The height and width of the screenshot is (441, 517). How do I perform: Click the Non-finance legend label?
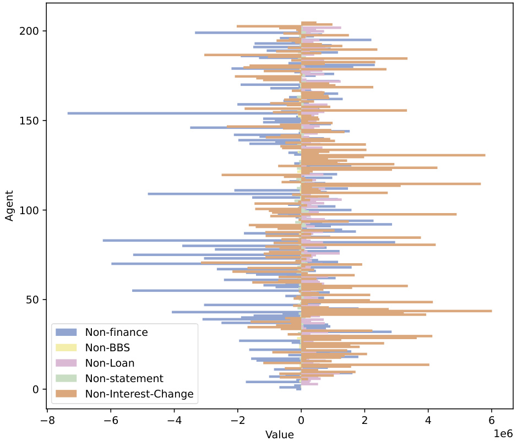pos(116,332)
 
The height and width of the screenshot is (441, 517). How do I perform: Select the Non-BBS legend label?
pos(107,347)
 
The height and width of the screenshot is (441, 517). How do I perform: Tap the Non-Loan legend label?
pos(110,363)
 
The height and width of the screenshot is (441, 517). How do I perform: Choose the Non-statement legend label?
pos(124,378)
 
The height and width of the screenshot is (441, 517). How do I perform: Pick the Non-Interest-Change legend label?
pos(139,394)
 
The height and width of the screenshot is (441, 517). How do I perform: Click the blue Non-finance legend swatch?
pos(67,332)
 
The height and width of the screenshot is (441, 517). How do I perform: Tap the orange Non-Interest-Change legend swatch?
pos(67,394)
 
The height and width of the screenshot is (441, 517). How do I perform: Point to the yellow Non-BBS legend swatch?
pos(67,347)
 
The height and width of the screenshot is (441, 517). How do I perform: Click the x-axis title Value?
pos(279,434)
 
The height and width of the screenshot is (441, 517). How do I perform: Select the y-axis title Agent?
pos(9,206)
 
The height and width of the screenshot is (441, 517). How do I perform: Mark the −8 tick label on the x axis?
pos(47,421)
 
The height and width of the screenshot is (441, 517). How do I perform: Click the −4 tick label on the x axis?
pos(175,421)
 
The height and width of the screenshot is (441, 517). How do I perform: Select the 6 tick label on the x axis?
pos(492,421)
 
